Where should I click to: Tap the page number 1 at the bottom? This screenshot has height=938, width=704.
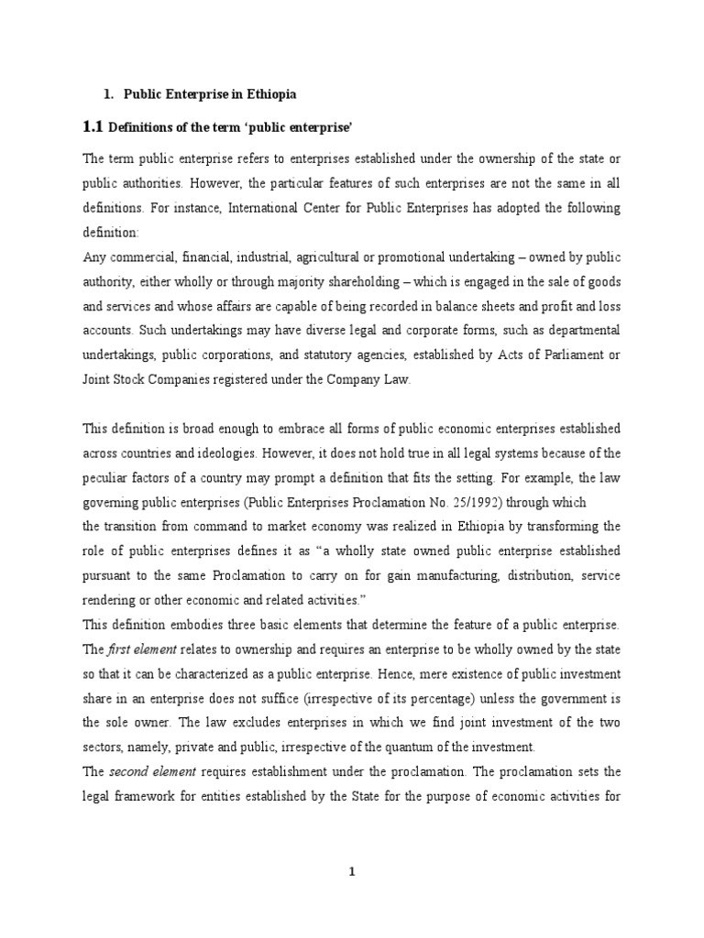tap(351, 873)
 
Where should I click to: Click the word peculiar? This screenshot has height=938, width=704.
tap(108, 477)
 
